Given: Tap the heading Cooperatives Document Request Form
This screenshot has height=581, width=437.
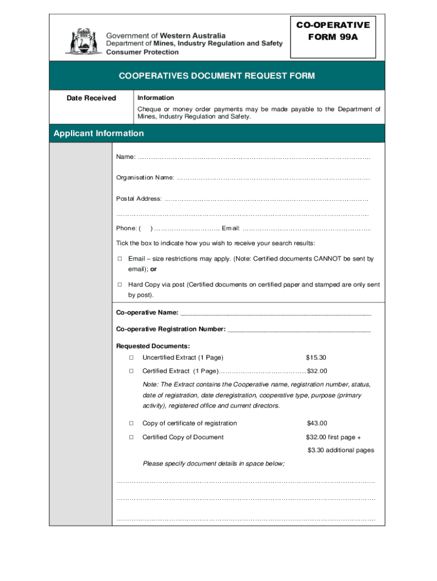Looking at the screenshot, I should pyautogui.click(x=216, y=76).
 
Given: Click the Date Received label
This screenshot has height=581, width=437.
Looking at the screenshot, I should pyautogui.click(x=91, y=98).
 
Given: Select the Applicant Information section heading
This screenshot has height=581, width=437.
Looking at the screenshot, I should pyautogui.click(x=99, y=133).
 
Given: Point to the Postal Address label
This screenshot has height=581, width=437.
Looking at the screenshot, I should pyautogui.click(x=139, y=199).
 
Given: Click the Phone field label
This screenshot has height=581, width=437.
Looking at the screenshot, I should pyautogui.click(x=126, y=229).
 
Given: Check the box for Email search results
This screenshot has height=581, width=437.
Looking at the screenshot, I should pyautogui.click(x=120, y=259).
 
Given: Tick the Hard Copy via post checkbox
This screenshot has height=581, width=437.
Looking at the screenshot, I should pyautogui.click(x=120, y=285).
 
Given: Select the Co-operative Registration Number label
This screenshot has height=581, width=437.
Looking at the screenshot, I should pyautogui.click(x=171, y=329).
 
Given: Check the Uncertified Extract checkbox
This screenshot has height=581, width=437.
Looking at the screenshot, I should pyautogui.click(x=131, y=358).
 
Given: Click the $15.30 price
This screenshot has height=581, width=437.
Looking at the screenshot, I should pyautogui.click(x=316, y=358).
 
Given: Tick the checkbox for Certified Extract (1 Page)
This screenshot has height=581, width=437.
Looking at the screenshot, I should pyautogui.click(x=131, y=372).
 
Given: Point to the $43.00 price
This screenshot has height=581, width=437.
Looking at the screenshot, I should pyautogui.click(x=317, y=423).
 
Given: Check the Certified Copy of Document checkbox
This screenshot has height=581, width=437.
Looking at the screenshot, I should pyautogui.click(x=131, y=437).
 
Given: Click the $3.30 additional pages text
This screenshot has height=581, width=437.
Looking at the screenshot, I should pyautogui.click(x=341, y=451).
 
